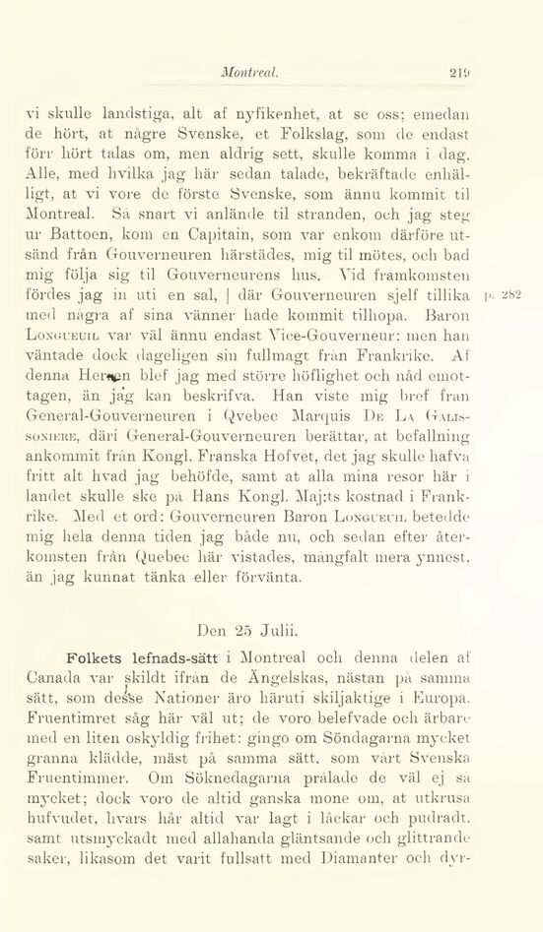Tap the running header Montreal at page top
[x=249, y=72]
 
